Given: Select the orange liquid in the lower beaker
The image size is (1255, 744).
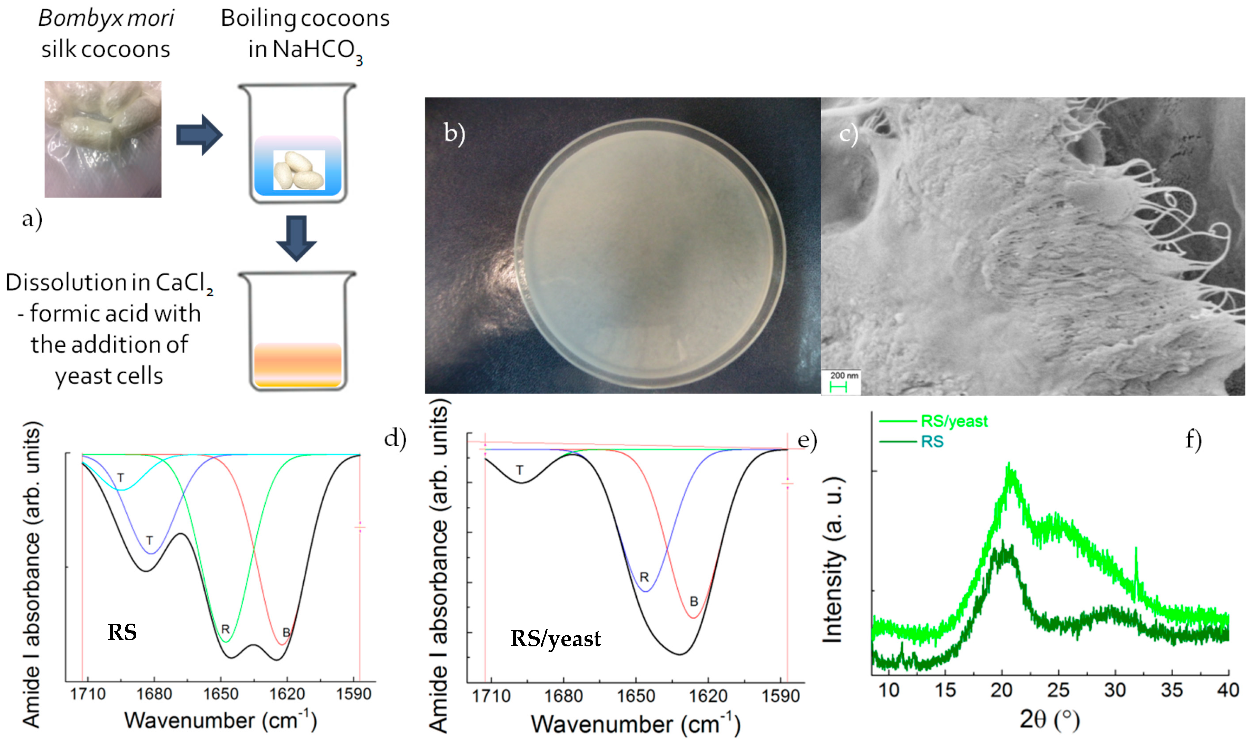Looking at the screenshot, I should click(298, 365).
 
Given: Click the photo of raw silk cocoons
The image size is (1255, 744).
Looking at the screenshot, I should click(103, 139).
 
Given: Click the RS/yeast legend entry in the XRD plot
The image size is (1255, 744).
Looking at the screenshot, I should click(954, 421).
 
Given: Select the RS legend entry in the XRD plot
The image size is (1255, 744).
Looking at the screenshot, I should click(932, 442).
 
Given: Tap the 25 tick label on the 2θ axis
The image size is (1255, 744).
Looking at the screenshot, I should click(1058, 690).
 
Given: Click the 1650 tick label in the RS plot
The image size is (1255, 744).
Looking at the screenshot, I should click(220, 694).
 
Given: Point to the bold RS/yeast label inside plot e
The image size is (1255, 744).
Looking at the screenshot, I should click(556, 639).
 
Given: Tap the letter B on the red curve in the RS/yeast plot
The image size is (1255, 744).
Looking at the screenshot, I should click(694, 601).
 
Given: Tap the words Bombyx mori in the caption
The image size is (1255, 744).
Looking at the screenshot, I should click(106, 19).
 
